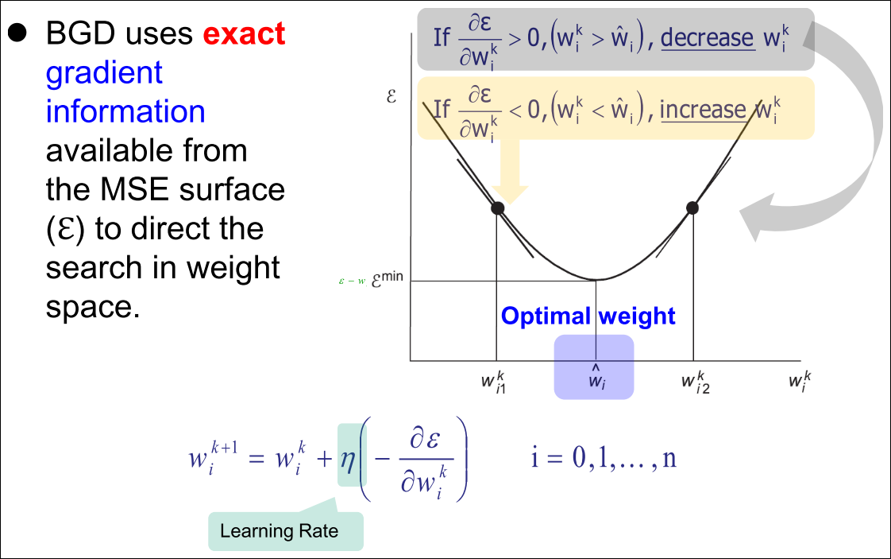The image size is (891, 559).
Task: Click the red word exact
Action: click(x=244, y=33)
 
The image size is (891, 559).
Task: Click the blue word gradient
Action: click(x=104, y=74)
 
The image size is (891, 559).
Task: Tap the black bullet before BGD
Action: click(x=17, y=33)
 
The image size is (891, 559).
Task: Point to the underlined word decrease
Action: click(x=708, y=37)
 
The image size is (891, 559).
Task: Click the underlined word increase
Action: click(x=703, y=109)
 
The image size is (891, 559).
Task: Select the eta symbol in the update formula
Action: click(x=348, y=459)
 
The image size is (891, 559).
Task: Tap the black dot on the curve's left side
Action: click(x=497, y=208)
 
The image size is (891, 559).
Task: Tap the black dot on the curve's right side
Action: click(x=692, y=208)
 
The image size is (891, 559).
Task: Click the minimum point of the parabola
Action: click(x=596, y=280)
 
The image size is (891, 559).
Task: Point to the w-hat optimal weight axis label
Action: click(x=596, y=377)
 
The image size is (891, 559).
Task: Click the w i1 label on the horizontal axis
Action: click(x=493, y=382)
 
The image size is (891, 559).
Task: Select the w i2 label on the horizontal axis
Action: click(x=696, y=382)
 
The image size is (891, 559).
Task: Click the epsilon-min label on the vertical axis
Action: click(x=387, y=279)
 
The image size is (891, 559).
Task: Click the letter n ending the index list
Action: click(x=669, y=459)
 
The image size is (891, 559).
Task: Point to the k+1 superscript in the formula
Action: click(x=225, y=448)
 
